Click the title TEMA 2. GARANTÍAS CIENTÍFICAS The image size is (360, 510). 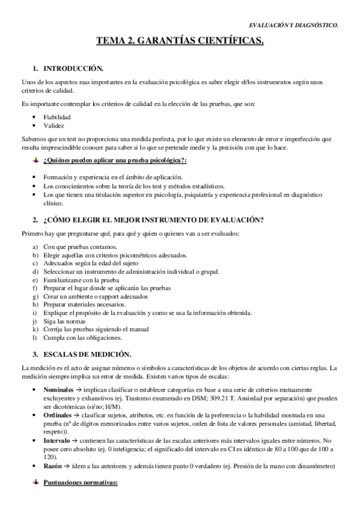point(180,41)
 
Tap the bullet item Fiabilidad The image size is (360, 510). point(57,117)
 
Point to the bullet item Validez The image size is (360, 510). point(54,125)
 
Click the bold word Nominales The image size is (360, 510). point(59,390)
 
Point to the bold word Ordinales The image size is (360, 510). point(58,416)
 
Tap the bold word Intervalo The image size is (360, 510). point(58,441)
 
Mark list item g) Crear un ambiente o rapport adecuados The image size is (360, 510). point(92,296)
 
